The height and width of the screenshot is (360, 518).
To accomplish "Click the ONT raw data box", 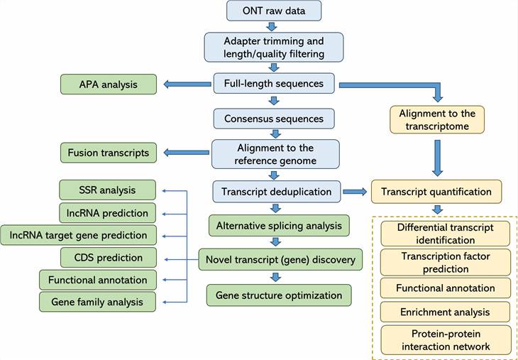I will [x=274, y=11].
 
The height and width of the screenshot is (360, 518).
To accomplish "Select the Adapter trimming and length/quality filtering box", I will [x=274, y=47].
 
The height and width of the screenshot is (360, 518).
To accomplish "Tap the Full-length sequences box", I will [x=274, y=84].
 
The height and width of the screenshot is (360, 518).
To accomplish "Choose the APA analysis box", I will [x=108, y=84].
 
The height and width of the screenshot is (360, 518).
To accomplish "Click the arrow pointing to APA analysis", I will [x=187, y=84].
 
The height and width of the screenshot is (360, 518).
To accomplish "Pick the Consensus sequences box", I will [x=274, y=119].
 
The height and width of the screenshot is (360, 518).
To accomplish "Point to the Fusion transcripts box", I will [x=109, y=153].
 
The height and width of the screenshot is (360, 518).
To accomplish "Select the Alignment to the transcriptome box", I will [x=437, y=120].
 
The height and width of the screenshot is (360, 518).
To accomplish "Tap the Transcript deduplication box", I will [x=276, y=192].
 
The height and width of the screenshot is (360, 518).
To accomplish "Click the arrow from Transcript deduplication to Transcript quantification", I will [x=356, y=192].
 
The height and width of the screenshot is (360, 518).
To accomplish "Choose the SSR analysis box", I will [x=107, y=190].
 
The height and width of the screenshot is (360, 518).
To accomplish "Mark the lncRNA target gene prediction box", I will [x=78, y=235].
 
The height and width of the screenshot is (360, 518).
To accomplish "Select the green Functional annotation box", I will [x=98, y=280].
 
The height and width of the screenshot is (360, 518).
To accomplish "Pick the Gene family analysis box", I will [x=97, y=302].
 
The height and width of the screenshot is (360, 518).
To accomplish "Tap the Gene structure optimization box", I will [x=279, y=295].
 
